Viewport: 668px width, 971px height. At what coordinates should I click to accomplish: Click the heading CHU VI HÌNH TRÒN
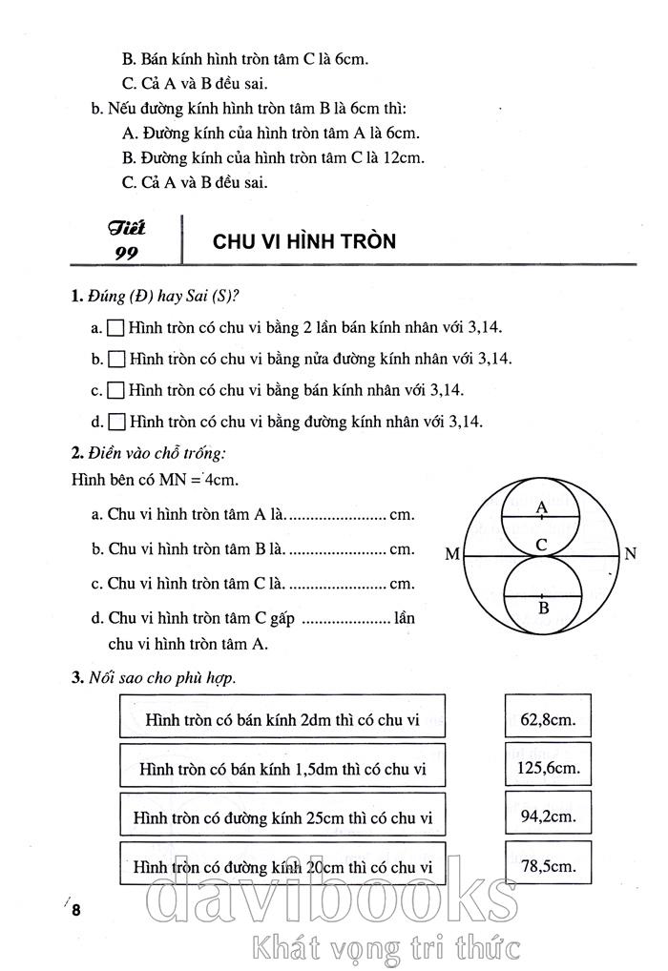pos(304,242)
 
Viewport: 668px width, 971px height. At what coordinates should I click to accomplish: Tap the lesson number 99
pos(126,253)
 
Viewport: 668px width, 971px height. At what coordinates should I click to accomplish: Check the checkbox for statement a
pos(116,328)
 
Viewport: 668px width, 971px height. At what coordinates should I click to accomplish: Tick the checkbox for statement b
pos(116,360)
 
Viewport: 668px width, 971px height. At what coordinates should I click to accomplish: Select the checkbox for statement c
pos(116,390)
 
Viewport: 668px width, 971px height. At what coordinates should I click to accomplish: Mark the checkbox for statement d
pos(116,421)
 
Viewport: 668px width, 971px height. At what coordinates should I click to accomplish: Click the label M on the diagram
pos(451,554)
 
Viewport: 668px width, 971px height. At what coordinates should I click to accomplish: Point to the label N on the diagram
pos(631,554)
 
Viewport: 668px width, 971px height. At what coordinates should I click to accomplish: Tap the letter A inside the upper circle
pos(542,506)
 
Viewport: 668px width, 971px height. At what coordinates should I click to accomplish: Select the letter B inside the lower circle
pos(542,607)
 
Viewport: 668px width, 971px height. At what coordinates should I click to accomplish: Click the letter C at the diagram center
pos(541,546)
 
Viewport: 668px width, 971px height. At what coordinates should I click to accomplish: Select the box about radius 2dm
pos(283,717)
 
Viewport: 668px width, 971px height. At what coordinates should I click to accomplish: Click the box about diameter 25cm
pos(283,816)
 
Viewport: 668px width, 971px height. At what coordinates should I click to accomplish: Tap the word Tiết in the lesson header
pos(126,229)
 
